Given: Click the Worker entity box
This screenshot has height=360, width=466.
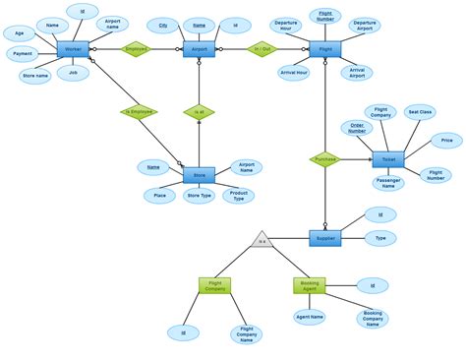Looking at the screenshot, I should click(73, 49).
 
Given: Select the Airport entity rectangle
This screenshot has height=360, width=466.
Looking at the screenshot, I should click(199, 49).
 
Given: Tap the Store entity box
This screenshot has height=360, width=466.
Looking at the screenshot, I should click(199, 175).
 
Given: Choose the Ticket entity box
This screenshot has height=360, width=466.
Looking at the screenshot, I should click(387, 159).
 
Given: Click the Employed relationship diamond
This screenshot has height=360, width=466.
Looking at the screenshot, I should click(136, 49).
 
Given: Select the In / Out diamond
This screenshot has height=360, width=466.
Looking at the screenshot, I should click(262, 49).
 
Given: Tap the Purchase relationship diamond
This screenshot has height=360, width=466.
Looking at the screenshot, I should click(324, 159).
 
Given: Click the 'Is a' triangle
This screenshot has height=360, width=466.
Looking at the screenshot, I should click(261, 238).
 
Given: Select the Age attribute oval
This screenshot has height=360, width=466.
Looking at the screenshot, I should click(18, 33).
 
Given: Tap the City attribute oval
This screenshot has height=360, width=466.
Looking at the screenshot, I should click(163, 25).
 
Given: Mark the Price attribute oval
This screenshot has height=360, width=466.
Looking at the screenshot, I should click(447, 142).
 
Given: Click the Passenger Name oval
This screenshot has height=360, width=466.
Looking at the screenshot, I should click(387, 184).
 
